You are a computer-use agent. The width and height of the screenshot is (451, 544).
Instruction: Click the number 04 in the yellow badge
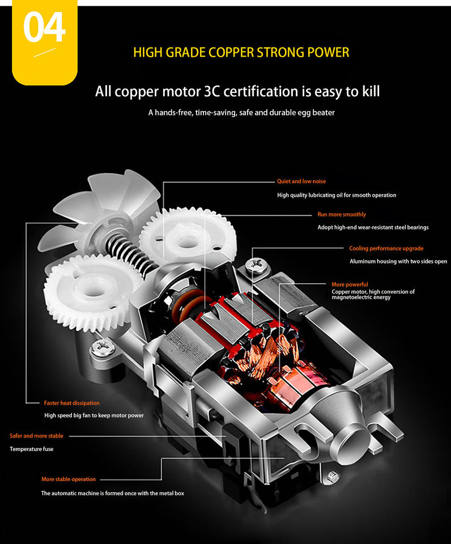pos(44,27)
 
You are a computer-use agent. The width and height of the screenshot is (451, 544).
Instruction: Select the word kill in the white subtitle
pos(371,91)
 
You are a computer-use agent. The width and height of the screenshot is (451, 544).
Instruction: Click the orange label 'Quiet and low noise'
pos(301,181)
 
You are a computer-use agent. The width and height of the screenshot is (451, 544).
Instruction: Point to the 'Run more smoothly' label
pos(342,214)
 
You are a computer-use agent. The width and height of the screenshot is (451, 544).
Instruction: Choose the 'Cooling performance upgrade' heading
pos(386,248)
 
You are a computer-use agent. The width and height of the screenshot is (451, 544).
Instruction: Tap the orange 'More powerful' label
pos(350,284)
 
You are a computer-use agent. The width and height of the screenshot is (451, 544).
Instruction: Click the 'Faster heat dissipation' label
pos(71,403)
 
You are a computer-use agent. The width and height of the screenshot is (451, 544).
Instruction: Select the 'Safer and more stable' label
pos(36,436)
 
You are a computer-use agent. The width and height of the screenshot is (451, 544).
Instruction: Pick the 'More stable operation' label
pos(69,479)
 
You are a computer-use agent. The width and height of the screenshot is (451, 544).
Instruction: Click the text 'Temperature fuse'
pos(32,449)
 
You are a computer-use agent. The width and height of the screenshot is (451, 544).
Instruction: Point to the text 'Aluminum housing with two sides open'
pos(398,261)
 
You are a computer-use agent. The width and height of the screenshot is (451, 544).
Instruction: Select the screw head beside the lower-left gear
pos(103,347)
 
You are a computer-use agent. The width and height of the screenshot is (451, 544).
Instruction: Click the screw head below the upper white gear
pos(257,265)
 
